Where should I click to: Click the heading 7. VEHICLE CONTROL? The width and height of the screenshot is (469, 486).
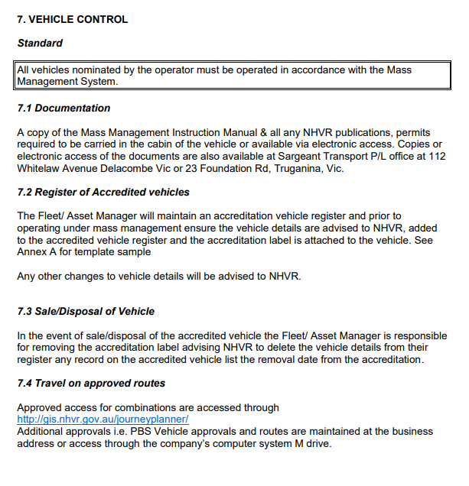pyautogui.click(x=72, y=19)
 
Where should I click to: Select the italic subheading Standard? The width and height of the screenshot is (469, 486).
pyautogui.click(x=40, y=44)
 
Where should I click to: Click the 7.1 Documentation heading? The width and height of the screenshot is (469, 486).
pyautogui.click(x=64, y=108)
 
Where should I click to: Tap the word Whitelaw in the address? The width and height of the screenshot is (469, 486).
pyautogui.click(x=40, y=168)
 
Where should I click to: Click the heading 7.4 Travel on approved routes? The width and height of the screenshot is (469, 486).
pyautogui.click(x=91, y=383)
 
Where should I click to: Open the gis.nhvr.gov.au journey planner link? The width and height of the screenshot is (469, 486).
pyautogui.click(x=103, y=420)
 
